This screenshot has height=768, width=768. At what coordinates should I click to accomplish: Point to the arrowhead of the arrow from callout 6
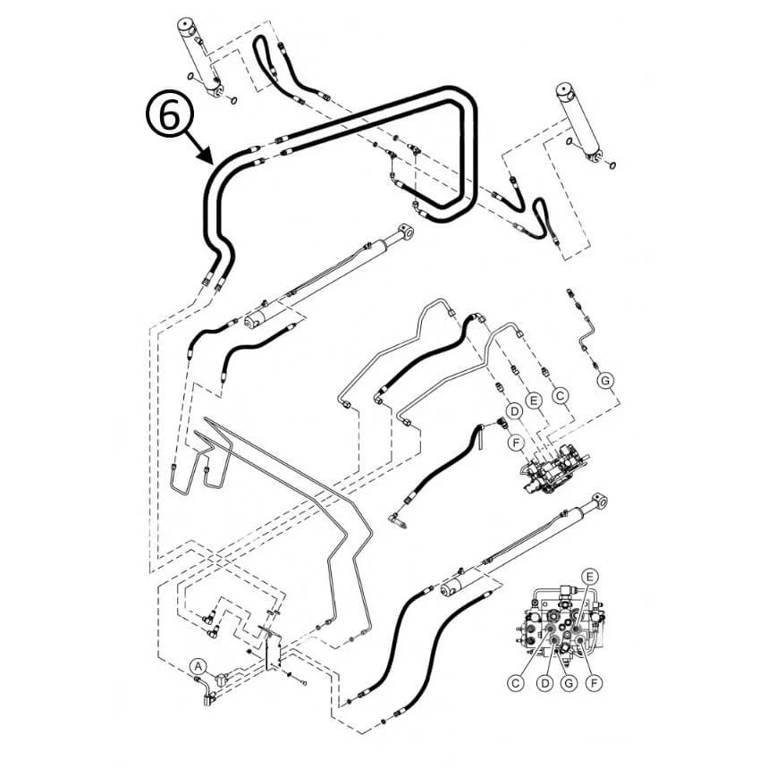coord(207,157)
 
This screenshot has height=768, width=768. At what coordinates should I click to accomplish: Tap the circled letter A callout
coord(198,666)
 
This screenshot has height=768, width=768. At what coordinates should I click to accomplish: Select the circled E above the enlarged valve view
coord(589,577)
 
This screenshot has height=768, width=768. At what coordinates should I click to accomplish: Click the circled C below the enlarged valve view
coord(515,683)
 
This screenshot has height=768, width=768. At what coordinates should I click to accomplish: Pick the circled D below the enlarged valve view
coord(544,683)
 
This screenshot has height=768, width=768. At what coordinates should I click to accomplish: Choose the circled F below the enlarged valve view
coord(595,683)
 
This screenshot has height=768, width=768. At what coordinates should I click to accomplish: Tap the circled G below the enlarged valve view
coord(569,683)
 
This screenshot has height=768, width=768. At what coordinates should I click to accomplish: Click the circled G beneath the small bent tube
coord(606,380)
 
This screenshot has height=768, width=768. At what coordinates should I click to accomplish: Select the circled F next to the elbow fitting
coord(515,443)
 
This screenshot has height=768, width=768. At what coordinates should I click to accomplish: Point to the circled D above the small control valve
coord(514,410)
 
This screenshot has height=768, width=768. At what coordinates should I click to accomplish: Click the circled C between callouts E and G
coord(561,395)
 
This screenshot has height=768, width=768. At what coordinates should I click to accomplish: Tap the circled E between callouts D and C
coord(534,401)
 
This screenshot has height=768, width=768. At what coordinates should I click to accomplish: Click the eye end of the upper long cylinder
coord(405,232)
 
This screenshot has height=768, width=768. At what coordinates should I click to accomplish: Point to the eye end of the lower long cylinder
coord(600,502)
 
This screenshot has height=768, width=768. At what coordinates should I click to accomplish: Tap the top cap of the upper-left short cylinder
coord(187,25)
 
